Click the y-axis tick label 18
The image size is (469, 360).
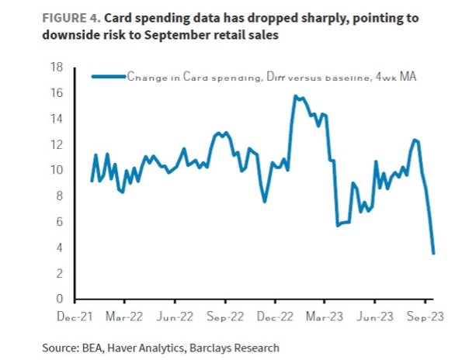tap(57, 67)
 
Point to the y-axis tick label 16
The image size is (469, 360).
tap(57, 93)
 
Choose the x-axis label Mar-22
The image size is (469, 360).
tap(124, 317)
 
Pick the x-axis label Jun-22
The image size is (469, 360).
tap(175, 317)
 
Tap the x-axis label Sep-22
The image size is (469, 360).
tap(225, 317)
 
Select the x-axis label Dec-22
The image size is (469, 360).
tap(276, 317)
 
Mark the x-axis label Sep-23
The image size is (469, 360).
tap(426, 317)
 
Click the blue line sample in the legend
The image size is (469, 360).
tap(109, 77)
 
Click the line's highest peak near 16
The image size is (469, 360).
tap(295, 96)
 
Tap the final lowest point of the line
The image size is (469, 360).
tap(433, 253)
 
